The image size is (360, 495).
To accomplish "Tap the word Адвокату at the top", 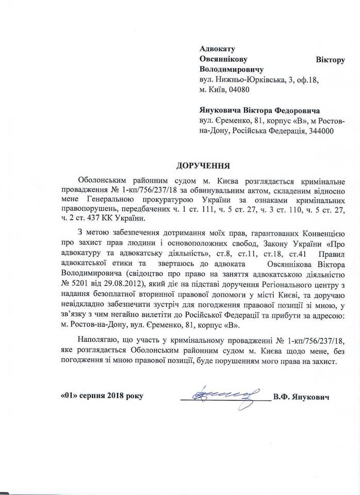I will (x=217, y=49).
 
